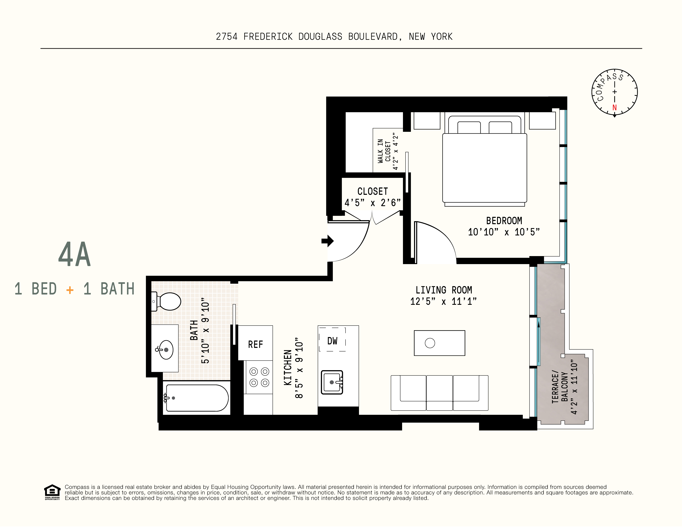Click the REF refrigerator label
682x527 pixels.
[256, 344]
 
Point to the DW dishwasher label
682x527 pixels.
[332, 341]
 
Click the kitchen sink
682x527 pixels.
[332, 382]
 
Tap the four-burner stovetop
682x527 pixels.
[259, 377]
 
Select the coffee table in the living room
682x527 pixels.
[439, 343]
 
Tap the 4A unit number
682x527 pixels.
[74, 254]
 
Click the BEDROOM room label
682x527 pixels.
[504, 221]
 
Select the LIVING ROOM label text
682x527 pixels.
[444, 290]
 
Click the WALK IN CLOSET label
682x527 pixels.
[384, 151]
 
